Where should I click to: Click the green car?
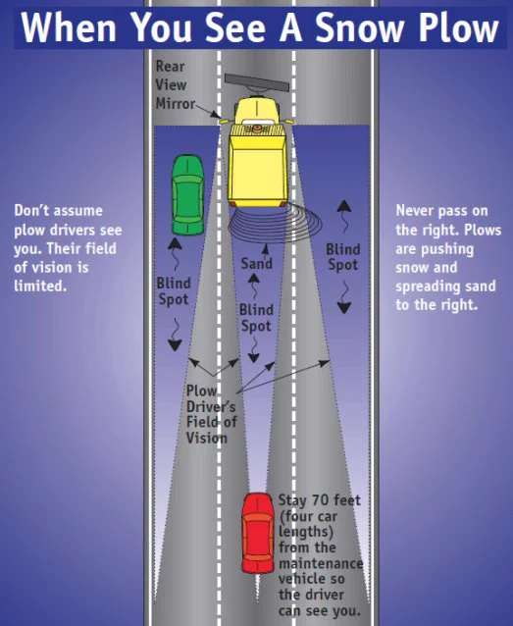187,195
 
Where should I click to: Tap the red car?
258,533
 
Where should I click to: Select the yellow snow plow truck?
257,152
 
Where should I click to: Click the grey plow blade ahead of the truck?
257,82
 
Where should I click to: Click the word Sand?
256,264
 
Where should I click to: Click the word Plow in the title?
458,27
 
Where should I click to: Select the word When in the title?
69,27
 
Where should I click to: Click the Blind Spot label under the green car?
174,291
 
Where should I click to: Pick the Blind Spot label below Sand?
256,317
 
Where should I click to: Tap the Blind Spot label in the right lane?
343,257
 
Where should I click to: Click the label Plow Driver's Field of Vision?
212,414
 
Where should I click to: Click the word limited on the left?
39,286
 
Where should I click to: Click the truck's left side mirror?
226,120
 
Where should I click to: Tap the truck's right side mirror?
288,121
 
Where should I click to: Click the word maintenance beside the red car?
321,563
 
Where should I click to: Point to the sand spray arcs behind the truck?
276,226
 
